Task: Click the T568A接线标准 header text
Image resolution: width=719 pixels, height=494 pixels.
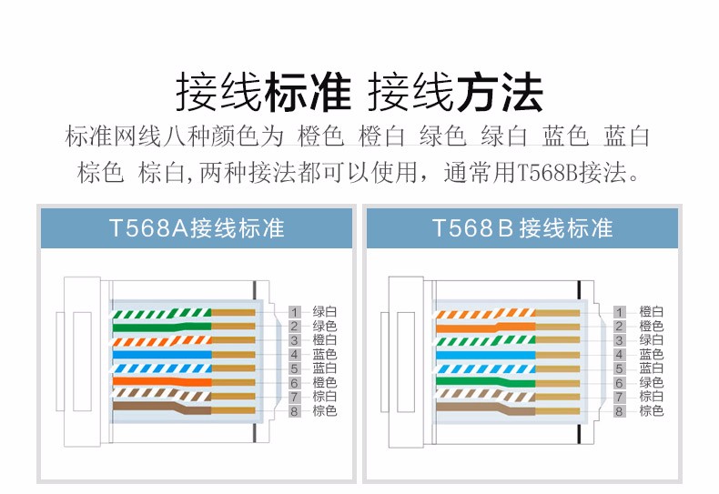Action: pos(197,227)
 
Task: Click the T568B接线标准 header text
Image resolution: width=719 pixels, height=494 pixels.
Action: pos(522,227)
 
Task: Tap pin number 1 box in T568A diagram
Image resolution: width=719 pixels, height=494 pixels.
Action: pos(294,312)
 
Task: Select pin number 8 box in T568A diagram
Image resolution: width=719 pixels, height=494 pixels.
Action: pos(294,411)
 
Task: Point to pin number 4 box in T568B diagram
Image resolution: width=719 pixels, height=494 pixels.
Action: pos(619,354)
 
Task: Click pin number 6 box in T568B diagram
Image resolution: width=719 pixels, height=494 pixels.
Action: pos(619,383)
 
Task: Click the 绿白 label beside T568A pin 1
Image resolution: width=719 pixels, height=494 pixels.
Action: pos(325,312)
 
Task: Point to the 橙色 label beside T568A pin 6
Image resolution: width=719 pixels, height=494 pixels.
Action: pos(325,383)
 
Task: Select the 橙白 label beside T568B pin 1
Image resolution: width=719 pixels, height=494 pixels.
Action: pos(651,312)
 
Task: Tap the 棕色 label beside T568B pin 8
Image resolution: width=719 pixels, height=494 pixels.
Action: pos(651,411)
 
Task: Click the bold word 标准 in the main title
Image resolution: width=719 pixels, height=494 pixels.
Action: pos(307,93)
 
